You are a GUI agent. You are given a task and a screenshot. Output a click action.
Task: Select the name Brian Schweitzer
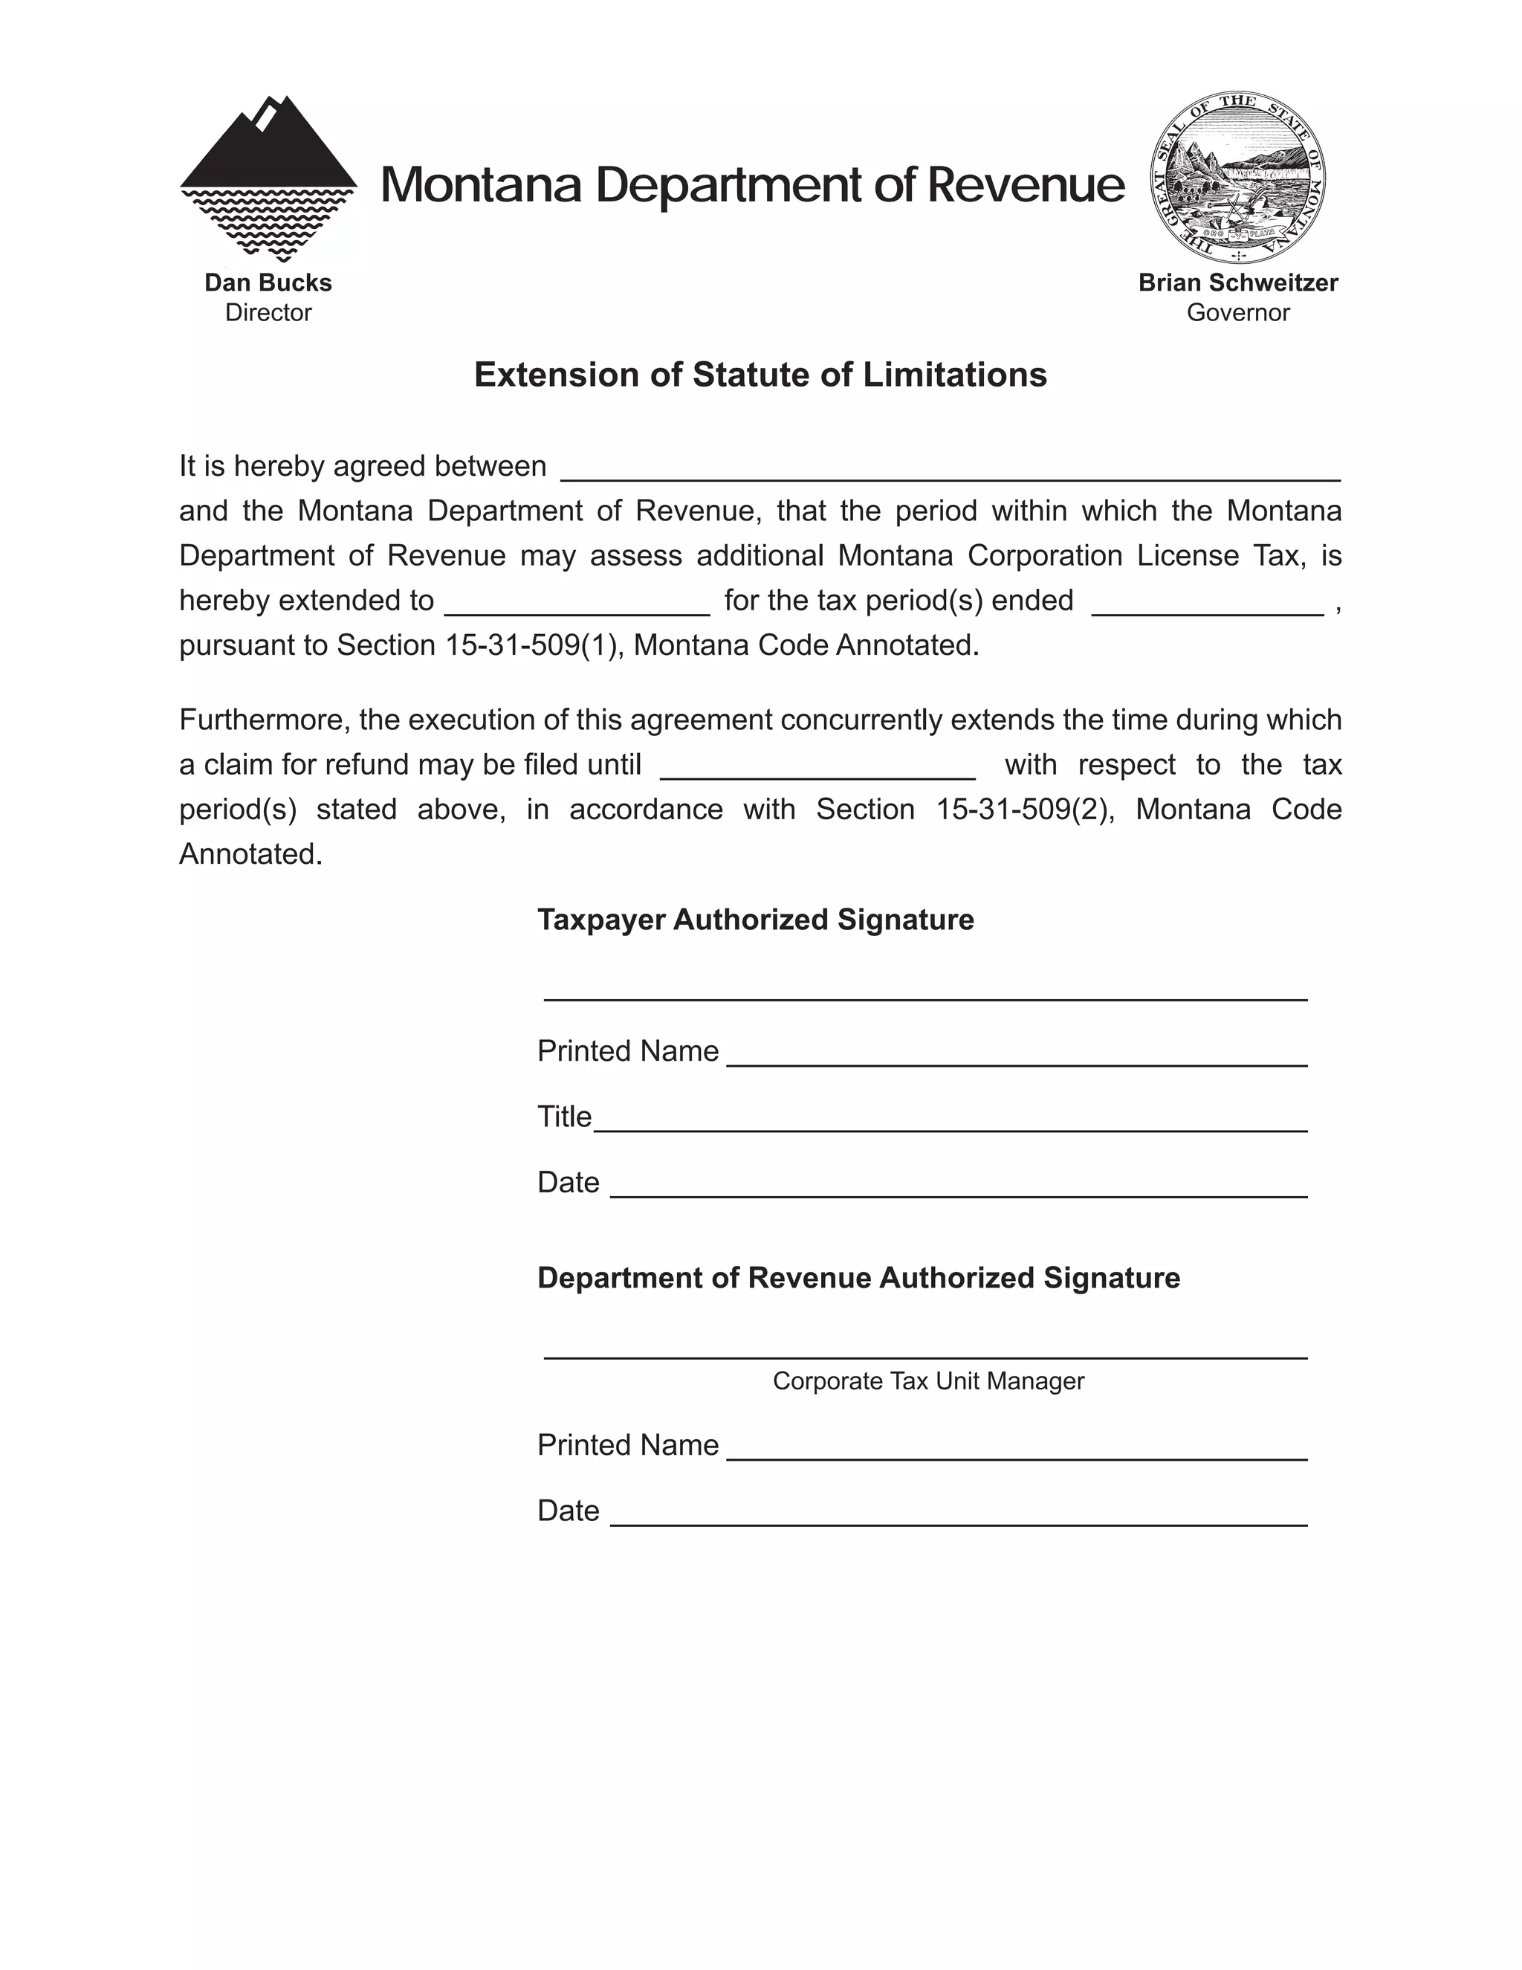(x=1237, y=282)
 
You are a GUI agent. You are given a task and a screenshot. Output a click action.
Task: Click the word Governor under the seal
(x=1237, y=312)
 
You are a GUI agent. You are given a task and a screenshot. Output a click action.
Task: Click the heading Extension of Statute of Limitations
(x=760, y=375)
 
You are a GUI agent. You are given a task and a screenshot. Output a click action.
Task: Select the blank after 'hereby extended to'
(x=577, y=605)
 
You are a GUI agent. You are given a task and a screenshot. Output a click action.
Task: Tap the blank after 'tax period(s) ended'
(x=1208, y=605)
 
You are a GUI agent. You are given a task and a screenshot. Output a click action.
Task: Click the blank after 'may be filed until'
(x=817, y=769)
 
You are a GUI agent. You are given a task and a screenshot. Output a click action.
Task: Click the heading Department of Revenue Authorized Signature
(x=858, y=1277)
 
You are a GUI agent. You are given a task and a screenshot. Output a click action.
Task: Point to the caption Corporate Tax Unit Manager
(x=927, y=1381)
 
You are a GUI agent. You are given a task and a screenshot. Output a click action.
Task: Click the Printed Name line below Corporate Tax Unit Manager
(x=1016, y=1450)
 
